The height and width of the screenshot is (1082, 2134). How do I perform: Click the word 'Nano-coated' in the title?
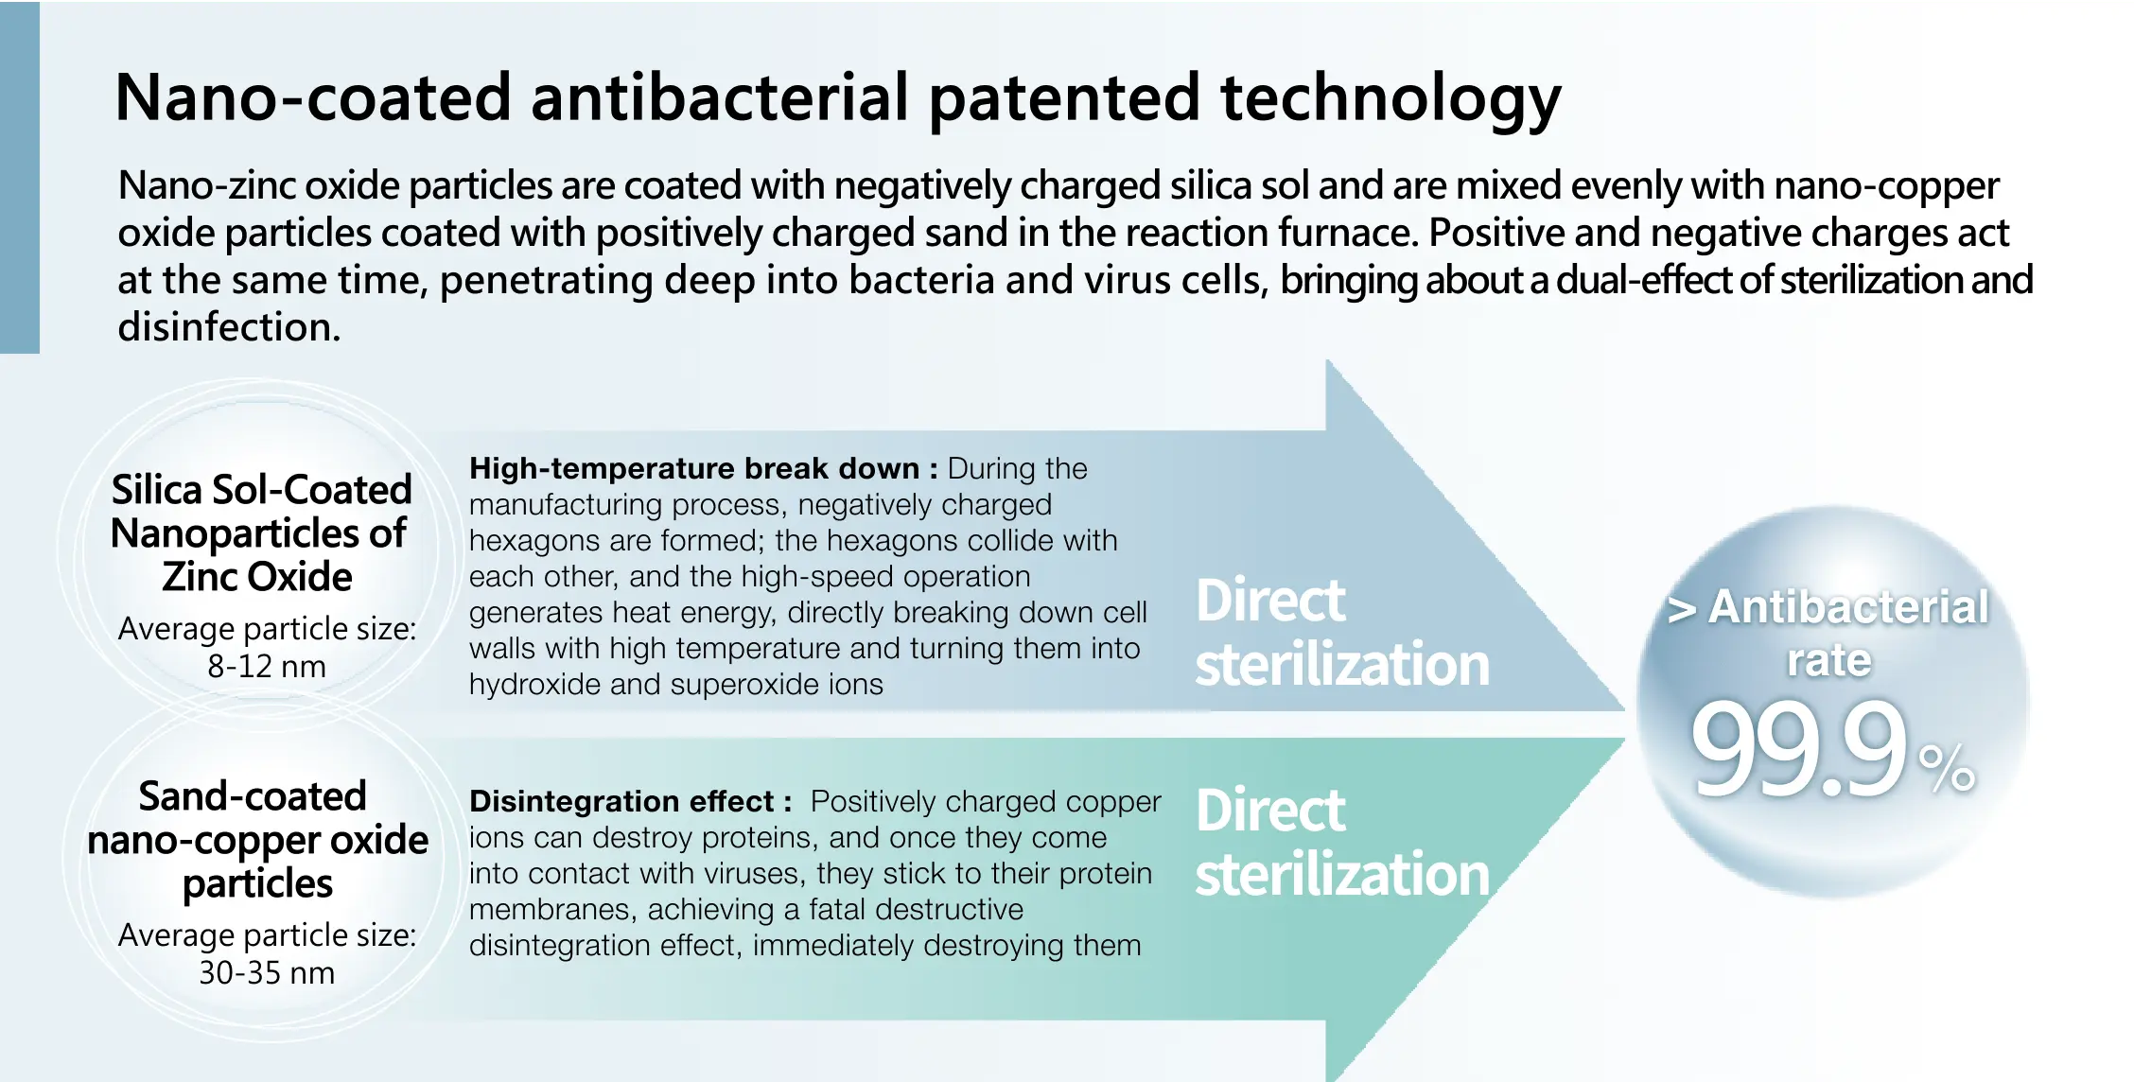tap(313, 97)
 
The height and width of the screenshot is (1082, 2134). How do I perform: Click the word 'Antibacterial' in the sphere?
tap(1848, 606)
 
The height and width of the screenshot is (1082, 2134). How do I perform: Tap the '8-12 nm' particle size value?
tap(267, 666)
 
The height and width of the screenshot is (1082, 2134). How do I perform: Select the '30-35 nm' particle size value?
tap(267, 972)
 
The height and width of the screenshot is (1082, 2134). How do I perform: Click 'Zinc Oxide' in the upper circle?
tap(257, 577)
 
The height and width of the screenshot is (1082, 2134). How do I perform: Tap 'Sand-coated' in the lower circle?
tap(253, 796)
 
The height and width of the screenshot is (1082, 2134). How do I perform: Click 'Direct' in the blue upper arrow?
tap(1270, 601)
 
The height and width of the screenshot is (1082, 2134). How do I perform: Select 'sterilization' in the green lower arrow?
tap(1342, 874)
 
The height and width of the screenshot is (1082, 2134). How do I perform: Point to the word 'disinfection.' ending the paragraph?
tap(229, 327)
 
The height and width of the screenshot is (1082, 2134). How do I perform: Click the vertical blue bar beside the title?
tap(20, 177)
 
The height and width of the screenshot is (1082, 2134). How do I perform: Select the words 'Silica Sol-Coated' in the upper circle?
tap(262, 490)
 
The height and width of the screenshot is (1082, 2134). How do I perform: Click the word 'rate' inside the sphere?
tap(1829, 660)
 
